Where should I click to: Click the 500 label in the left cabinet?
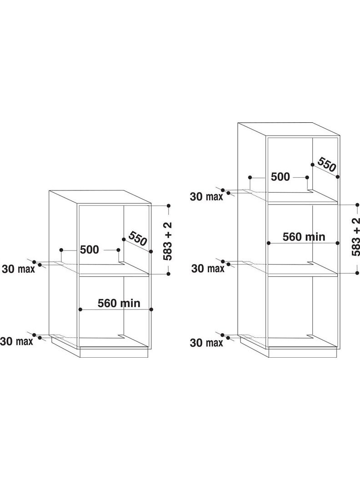point(90,250)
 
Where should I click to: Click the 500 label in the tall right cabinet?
point(280,177)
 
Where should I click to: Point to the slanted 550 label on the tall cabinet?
point(327,165)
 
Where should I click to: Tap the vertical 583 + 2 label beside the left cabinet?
point(168,241)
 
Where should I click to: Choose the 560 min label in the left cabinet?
point(119,303)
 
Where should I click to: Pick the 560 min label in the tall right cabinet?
point(304,237)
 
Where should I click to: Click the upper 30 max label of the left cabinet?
point(18,269)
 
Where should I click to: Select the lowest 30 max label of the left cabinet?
point(16,341)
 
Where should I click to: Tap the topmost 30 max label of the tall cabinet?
point(207,196)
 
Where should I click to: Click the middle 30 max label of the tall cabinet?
point(208,269)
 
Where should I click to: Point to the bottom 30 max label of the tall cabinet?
point(207,343)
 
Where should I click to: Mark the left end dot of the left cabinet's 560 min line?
point(80,310)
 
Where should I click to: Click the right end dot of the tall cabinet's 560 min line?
point(338,243)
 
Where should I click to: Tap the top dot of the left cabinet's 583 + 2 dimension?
point(168,206)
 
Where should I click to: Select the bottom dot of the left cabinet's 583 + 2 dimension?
point(168,274)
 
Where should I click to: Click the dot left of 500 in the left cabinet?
point(61,250)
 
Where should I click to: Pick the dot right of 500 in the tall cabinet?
point(307,177)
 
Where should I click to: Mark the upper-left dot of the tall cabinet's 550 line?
point(313,165)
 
